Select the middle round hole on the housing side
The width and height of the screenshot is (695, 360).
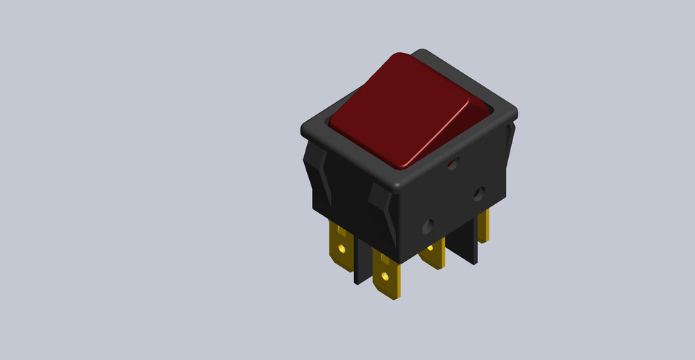479,193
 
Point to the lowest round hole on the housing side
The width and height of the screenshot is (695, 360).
429,226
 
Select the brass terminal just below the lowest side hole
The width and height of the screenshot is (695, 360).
432,254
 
